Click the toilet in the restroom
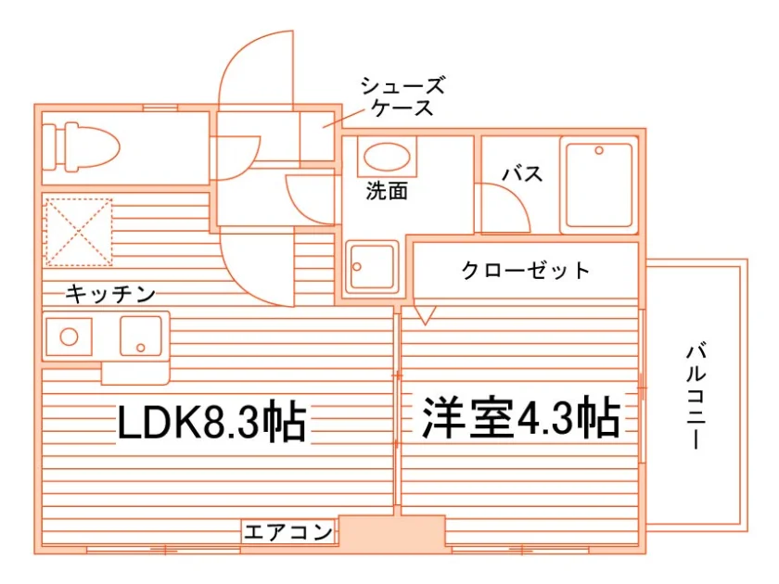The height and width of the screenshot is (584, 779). coord(81,147)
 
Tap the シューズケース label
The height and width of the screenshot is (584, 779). coord(402,96)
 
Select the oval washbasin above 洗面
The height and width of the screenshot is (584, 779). coord(387,158)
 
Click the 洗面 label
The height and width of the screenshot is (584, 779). coord(387,191)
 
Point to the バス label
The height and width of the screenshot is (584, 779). coord(522,174)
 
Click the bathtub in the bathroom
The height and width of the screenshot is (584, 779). coord(599,184)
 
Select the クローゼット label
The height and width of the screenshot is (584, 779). coord(526,271)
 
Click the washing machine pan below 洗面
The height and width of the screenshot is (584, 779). coord(372,267)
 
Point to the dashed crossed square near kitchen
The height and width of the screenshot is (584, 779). coord(79,233)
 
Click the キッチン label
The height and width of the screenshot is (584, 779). coord(110,294)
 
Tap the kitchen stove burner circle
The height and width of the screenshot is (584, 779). coord(69,337)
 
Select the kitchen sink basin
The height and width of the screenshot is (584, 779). coord(141,336)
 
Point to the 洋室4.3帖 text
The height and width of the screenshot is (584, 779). coord(521,418)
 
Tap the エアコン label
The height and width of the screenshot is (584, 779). coord(288,532)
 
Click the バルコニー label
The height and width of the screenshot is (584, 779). coord(696,396)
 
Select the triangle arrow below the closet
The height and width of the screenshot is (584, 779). coord(425,315)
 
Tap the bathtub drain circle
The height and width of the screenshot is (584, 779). coord(599,150)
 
